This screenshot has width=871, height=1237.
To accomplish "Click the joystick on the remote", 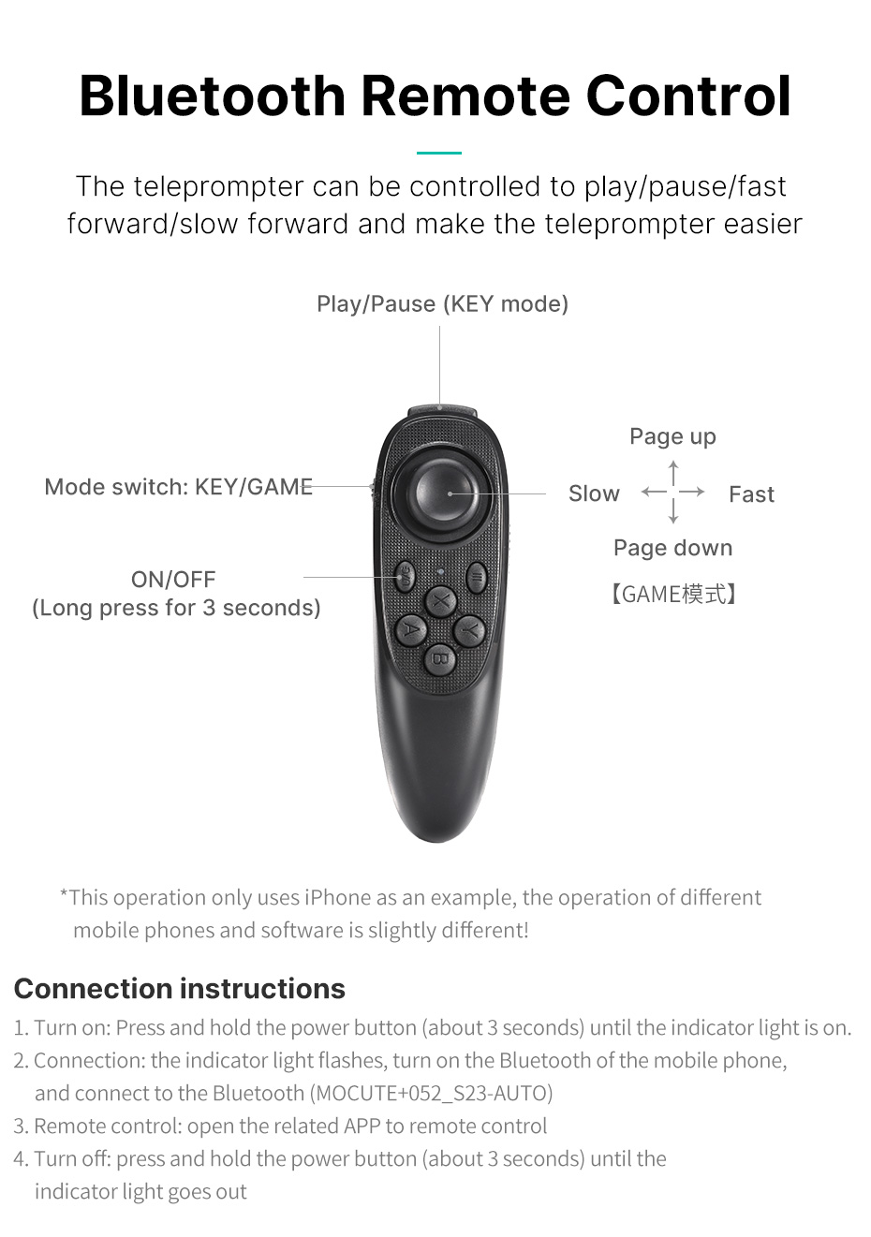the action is pos(447,493).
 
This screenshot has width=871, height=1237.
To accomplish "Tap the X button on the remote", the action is pos(440,600).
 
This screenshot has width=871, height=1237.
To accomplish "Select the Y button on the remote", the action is pos(469,629).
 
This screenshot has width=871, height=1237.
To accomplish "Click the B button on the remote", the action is pos(440,659).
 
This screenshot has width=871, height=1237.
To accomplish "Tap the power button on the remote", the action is pos(406,578).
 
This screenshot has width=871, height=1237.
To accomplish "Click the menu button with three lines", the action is pos(477,578).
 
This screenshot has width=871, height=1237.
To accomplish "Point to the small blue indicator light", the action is pos(440,571).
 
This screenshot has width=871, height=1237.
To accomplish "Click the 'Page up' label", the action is pos(672,436).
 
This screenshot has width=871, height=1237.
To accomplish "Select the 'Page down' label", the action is pos(672,548).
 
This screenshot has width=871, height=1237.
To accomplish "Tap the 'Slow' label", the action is pos(594,493).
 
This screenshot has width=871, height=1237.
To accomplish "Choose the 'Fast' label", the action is pos(751,494).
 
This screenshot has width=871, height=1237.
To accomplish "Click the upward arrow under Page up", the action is pos(672,473).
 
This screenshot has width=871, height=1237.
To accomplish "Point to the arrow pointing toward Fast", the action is pos(692,492).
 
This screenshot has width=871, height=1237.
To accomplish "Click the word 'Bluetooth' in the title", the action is pos(212,96).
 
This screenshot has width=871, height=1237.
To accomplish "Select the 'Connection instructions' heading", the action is pos(180,988).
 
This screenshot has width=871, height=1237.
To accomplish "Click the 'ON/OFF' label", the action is pos(173,580).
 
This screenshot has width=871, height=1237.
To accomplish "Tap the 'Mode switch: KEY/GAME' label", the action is pos(178,487).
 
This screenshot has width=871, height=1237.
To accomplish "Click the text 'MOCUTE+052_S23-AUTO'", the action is pos(431,1093).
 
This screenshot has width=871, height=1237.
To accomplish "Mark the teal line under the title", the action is pos(439,153).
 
